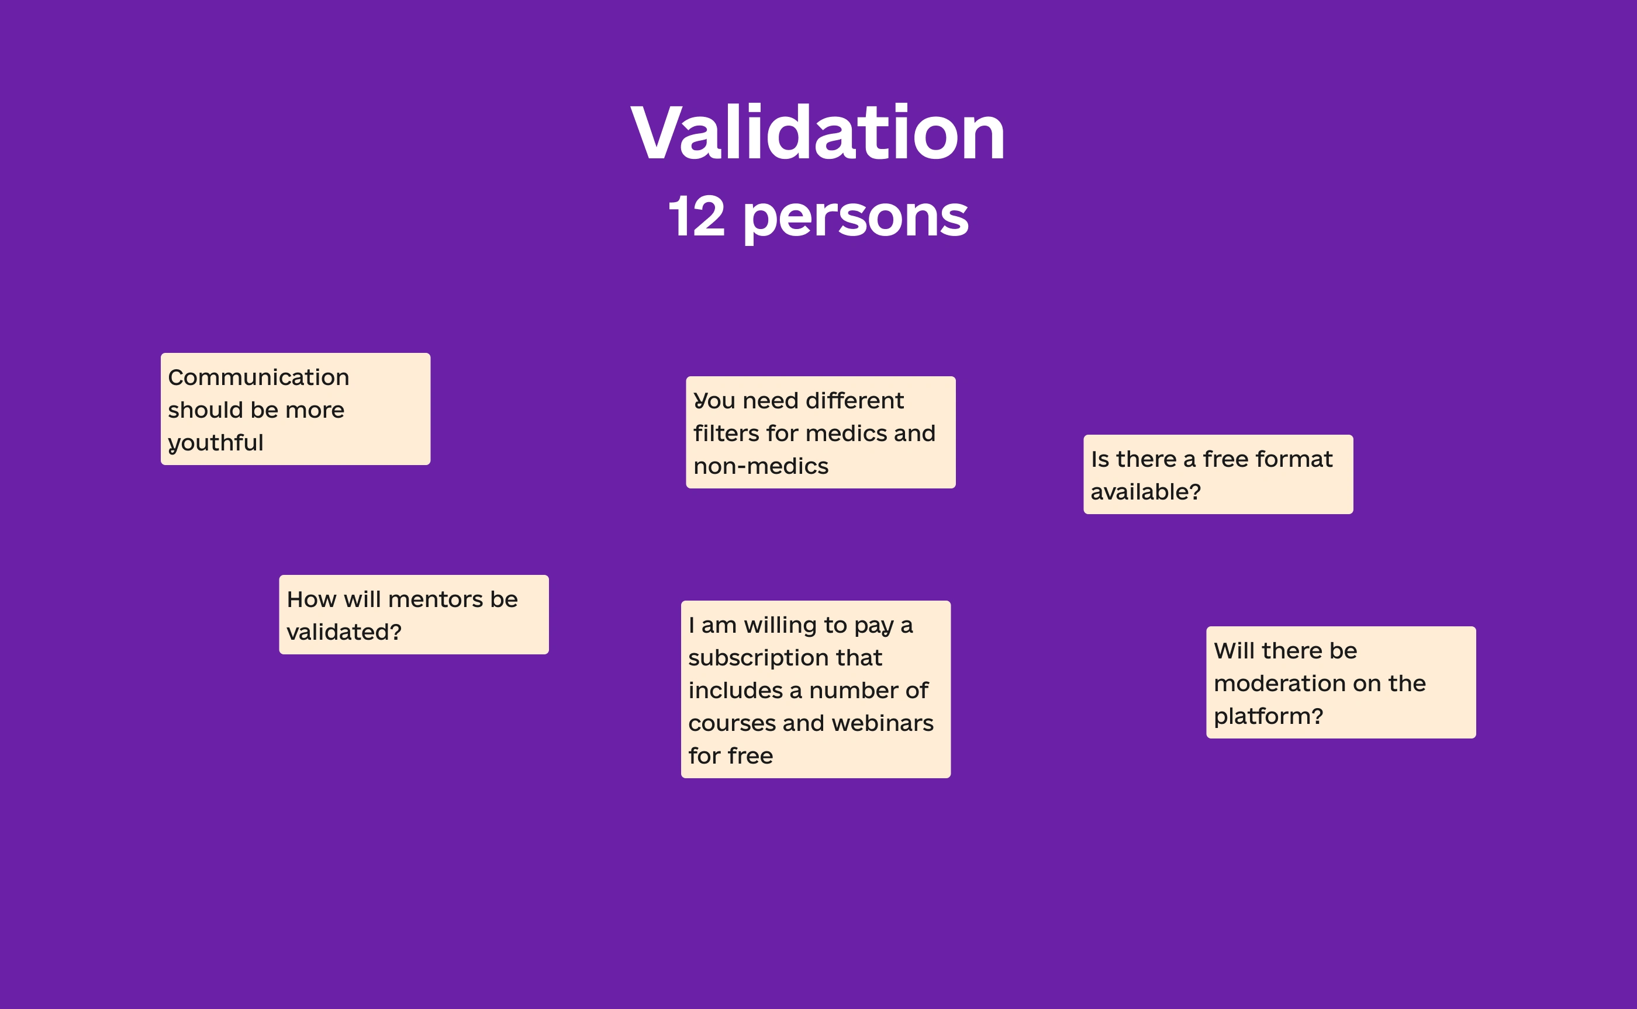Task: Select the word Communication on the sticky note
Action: pos(258,377)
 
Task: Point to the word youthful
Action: pos(216,443)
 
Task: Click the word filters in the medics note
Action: pos(726,433)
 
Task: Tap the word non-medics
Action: pos(761,466)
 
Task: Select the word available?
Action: pos(1146,492)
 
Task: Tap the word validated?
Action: pos(344,632)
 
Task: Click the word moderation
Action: pos(1270,684)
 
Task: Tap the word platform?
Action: pos(1269,717)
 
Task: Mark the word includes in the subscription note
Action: pos(735,690)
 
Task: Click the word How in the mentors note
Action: pos(311,599)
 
